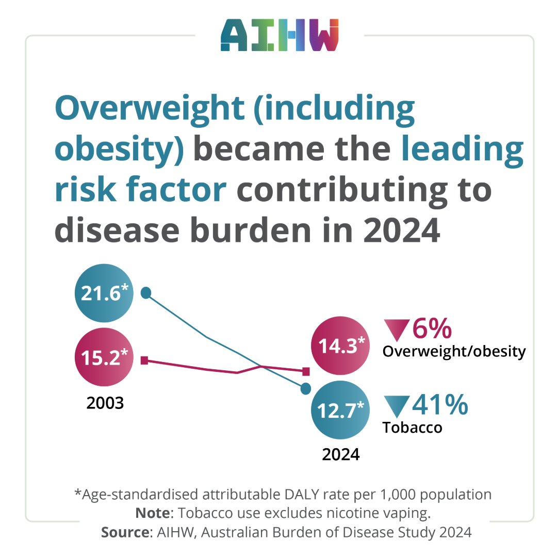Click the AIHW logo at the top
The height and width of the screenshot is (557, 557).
(279, 36)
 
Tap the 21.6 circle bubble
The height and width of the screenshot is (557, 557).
(105, 293)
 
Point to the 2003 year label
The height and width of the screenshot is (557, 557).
(105, 403)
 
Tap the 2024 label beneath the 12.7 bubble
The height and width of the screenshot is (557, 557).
(341, 454)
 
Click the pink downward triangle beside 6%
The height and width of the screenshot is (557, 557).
(397, 331)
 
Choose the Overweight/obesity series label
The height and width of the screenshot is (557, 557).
(454, 352)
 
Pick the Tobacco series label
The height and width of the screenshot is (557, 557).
(412, 428)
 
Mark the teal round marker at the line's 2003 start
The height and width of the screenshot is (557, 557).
(146, 293)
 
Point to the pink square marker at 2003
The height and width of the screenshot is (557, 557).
(144, 360)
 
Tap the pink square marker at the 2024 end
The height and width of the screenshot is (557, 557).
(306, 371)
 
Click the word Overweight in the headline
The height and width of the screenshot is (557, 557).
(150, 109)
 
